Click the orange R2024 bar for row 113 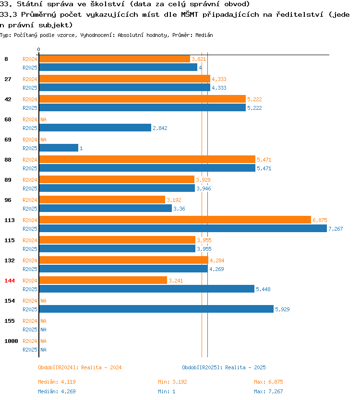(x=175, y=220)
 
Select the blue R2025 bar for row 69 (x=59, y=148)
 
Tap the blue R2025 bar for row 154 (x=156, y=309)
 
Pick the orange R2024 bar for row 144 (x=103, y=281)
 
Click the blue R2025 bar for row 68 (x=95, y=128)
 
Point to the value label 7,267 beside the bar (x=336, y=229)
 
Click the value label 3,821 (x=199, y=59)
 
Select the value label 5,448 (x=263, y=289)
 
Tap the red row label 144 (x=10, y=281)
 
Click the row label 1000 (x=11, y=341)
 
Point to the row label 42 (x=8, y=99)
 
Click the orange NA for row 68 (x=43, y=119)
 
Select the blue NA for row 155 (x=43, y=329)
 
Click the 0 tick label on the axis (x=38, y=49)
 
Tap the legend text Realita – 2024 (x=101, y=367)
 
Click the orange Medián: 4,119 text (x=57, y=382)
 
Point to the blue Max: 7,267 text (x=268, y=391)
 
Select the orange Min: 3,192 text (x=172, y=382)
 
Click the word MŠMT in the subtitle (x=190, y=14)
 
